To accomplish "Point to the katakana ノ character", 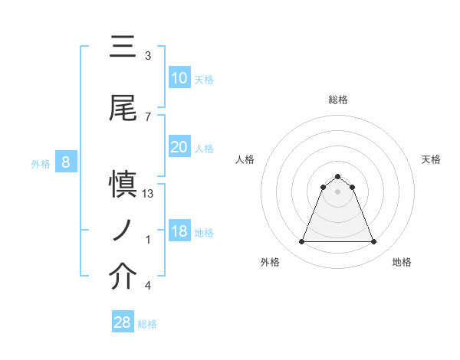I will pyautogui.click(x=123, y=230).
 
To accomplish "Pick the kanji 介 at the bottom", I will pyautogui.click(x=123, y=277).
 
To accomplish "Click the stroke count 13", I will pyautogui.click(x=149, y=194).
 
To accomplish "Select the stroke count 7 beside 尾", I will pyautogui.click(x=148, y=116).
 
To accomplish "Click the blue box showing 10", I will pyautogui.click(x=179, y=78).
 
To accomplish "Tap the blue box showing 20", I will pyautogui.click(x=179, y=148).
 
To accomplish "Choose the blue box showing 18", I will pyautogui.click(x=179, y=231).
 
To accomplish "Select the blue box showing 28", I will pyautogui.click(x=123, y=322).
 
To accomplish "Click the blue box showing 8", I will pyautogui.click(x=66, y=162).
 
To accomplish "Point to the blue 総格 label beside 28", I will pyautogui.click(x=147, y=324).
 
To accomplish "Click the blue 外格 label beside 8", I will pyautogui.click(x=40, y=163).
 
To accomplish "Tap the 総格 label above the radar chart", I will pyautogui.click(x=337, y=100).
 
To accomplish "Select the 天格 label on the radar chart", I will pyautogui.click(x=431, y=159).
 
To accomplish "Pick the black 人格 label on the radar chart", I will pyautogui.click(x=245, y=159).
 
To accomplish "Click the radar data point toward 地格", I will pyautogui.click(x=374, y=242).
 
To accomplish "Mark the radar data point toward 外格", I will pyautogui.click(x=301, y=242).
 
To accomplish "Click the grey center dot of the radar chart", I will pyautogui.click(x=337, y=191).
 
